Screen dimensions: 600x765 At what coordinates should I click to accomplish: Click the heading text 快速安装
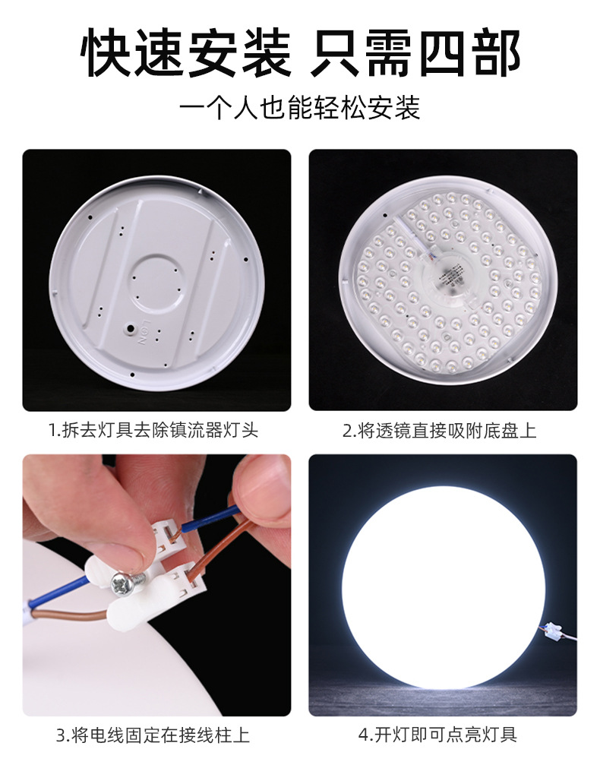pos(186,53)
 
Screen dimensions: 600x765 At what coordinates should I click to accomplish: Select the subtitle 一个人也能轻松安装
pos(300,108)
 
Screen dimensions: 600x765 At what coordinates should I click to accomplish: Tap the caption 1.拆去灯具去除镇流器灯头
pos(153,430)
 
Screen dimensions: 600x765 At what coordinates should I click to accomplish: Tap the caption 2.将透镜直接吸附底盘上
pos(440,430)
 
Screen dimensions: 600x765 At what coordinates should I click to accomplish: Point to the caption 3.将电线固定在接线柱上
pos(153,735)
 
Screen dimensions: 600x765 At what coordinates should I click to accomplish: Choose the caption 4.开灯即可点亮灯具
pos(437,735)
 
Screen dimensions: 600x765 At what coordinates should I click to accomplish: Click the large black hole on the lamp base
pos(131,330)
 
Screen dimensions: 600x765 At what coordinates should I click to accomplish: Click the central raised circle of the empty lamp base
pos(158,283)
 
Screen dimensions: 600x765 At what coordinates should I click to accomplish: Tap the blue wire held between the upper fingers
pos(210,520)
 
